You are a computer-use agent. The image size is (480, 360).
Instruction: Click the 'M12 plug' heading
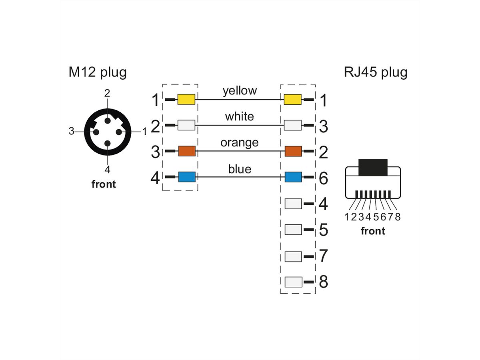(x=98, y=72)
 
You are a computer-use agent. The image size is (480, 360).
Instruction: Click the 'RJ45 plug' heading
(x=375, y=72)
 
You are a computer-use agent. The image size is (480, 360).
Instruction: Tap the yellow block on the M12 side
(x=186, y=100)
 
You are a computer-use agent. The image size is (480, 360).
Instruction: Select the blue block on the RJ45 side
(x=293, y=177)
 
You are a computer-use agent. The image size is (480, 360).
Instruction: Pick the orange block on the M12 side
(x=186, y=151)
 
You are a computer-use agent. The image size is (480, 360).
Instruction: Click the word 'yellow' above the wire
(x=240, y=91)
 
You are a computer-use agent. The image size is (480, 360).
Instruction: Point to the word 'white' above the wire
(x=239, y=116)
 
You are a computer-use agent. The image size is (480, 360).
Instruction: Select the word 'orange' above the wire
(x=239, y=142)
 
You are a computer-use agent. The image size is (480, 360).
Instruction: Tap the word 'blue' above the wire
(x=240, y=169)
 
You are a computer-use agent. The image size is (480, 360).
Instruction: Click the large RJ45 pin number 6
(x=323, y=178)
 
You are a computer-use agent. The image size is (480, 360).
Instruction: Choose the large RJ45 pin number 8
(x=323, y=282)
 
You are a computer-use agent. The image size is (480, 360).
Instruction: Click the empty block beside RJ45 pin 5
(x=293, y=230)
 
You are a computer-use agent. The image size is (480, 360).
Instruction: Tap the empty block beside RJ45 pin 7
(x=293, y=256)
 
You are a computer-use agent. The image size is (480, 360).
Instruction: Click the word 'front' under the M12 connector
(x=104, y=184)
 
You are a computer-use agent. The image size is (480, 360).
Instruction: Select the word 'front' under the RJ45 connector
(x=373, y=231)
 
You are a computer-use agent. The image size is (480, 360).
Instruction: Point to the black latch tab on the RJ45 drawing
(x=373, y=168)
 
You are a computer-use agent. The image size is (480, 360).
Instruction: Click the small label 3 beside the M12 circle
(x=71, y=131)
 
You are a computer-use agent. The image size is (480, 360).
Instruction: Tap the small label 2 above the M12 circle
(x=107, y=93)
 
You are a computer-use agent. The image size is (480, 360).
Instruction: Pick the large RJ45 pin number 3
(x=323, y=127)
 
